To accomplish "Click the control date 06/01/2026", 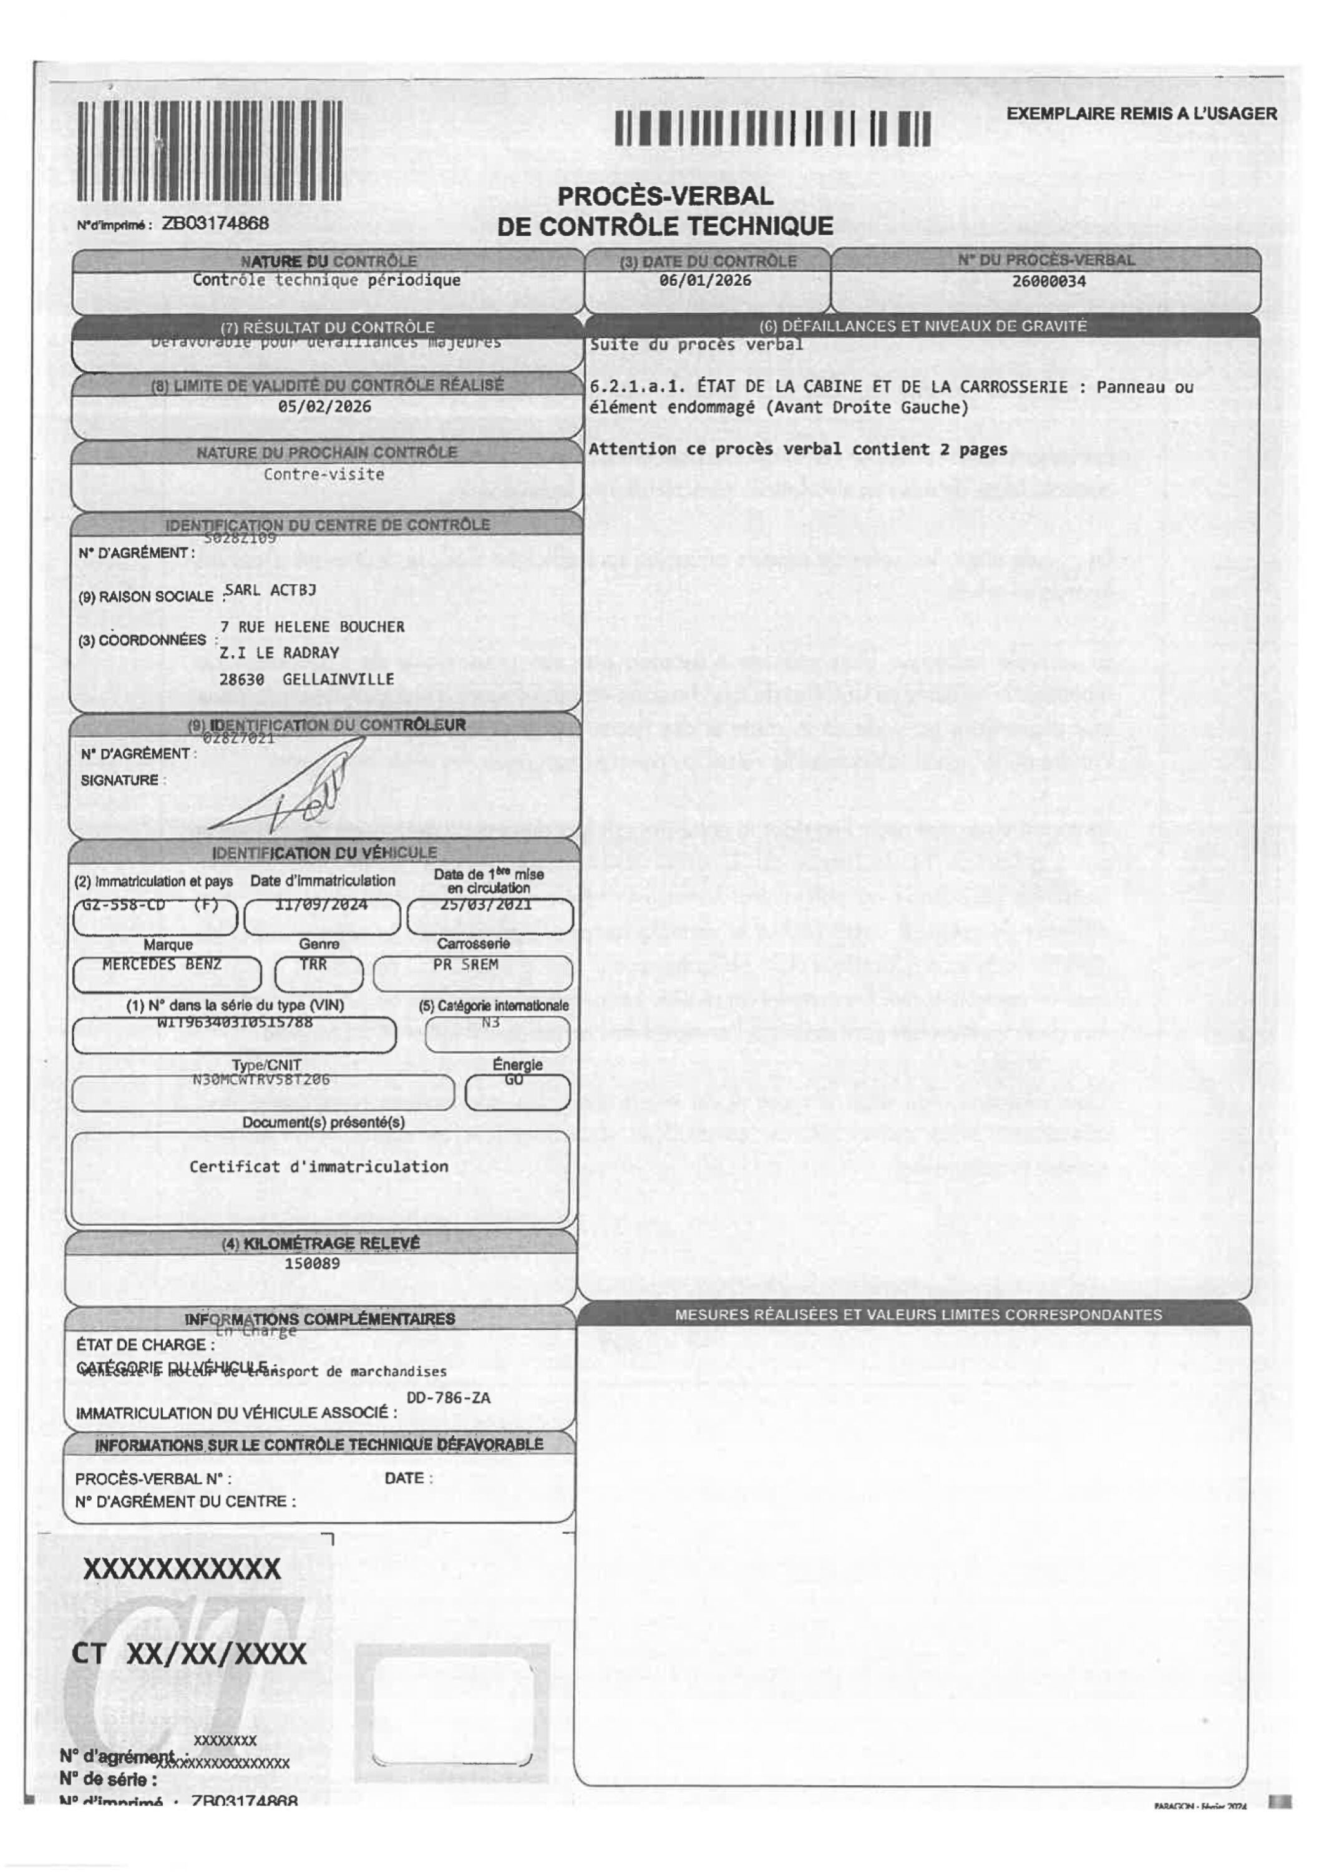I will point(705,280).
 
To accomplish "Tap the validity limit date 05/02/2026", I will point(324,406).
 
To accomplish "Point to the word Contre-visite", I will point(324,474).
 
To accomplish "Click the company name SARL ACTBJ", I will point(271,590).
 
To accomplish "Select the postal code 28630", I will point(241,679).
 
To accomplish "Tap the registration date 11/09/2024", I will point(321,904).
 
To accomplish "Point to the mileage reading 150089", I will point(312,1263).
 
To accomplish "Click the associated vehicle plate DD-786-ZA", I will point(449,1398).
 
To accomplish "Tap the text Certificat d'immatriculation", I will point(319,1167).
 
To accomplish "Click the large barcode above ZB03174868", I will point(209,151).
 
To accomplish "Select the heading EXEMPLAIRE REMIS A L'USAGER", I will point(1141,114).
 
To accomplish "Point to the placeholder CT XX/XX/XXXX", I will point(189,1654).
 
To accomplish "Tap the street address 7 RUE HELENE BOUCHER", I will point(312,627).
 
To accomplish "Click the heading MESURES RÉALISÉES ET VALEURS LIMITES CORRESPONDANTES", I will point(918,1314).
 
